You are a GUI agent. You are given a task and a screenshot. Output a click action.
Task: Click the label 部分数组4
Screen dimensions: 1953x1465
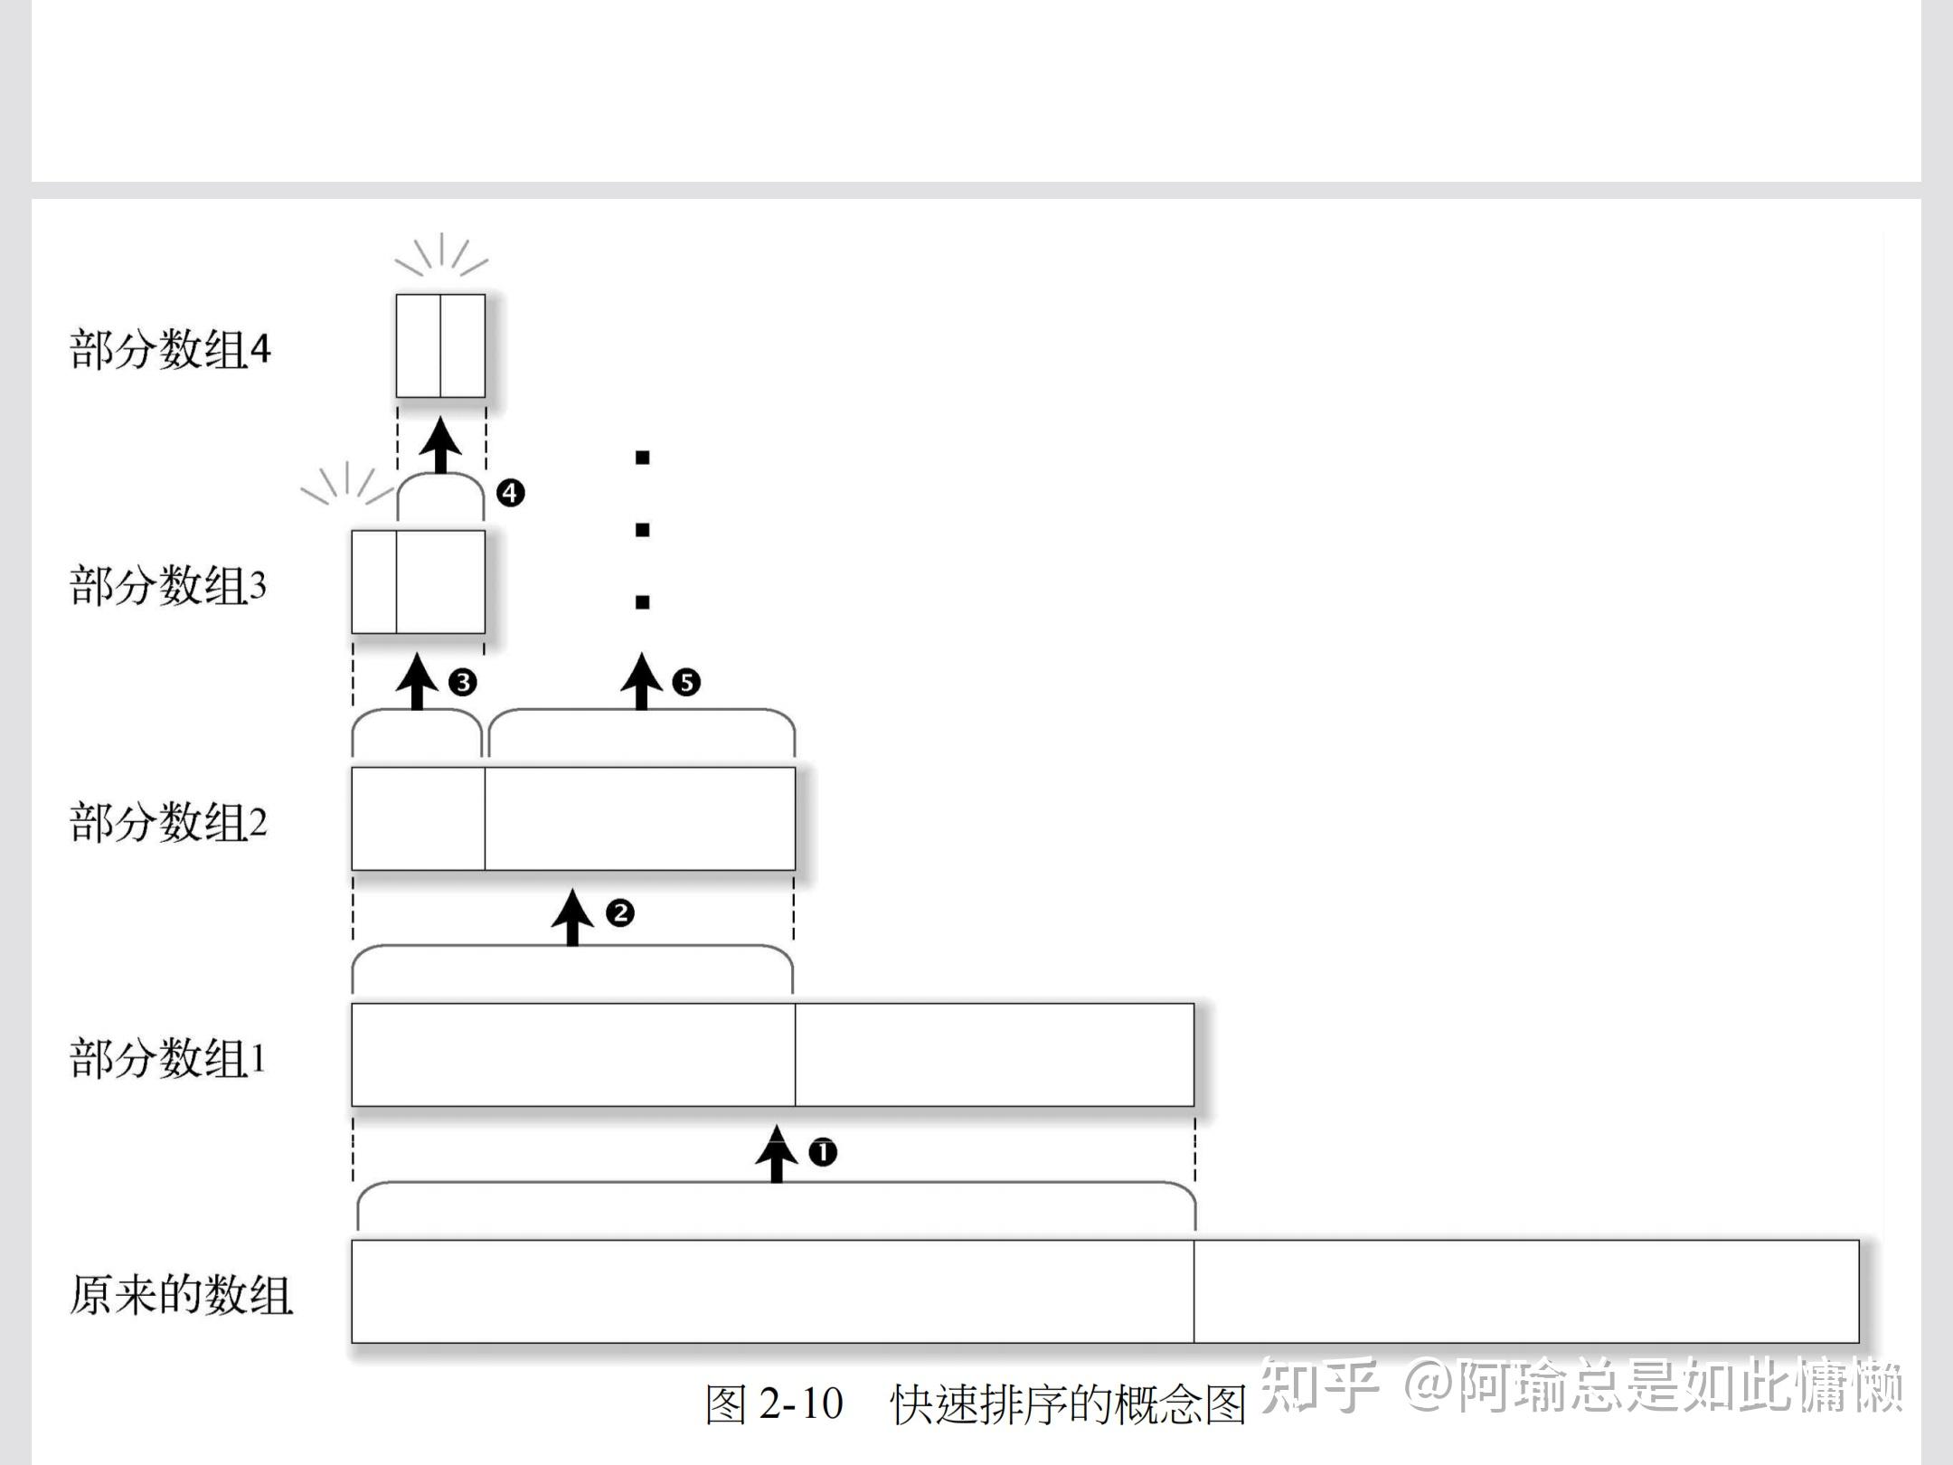(x=170, y=350)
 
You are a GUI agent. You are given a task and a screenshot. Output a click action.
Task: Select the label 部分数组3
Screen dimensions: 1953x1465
(x=168, y=586)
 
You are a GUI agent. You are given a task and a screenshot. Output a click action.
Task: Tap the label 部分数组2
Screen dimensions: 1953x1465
(x=168, y=823)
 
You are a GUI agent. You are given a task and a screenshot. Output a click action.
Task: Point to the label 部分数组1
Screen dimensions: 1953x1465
(x=168, y=1058)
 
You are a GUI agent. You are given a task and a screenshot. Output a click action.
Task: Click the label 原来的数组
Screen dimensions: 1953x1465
(x=181, y=1295)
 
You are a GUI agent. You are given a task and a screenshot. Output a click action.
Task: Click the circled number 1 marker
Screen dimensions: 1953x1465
(x=823, y=1152)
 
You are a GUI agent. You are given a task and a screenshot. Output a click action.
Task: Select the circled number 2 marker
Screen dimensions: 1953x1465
(x=620, y=913)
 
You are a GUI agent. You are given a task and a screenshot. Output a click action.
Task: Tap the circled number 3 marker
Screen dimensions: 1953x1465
(x=462, y=682)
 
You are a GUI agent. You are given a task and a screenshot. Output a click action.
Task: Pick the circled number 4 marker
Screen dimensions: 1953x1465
(x=511, y=493)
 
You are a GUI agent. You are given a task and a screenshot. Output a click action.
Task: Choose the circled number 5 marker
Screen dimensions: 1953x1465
(x=686, y=682)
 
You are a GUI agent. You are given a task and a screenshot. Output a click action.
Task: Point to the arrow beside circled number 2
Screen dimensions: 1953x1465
(x=572, y=917)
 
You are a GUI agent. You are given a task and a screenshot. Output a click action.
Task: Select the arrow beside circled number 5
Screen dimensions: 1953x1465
(x=642, y=682)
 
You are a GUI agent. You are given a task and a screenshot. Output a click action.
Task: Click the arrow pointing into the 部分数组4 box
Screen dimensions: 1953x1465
(x=441, y=445)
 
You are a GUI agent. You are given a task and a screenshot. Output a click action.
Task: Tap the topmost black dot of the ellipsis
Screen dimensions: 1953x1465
(x=643, y=458)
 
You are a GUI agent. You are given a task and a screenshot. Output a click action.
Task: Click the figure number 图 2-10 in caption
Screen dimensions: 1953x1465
(x=774, y=1404)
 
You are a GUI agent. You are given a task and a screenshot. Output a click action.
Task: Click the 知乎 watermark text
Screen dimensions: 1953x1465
(x=1318, y=1385)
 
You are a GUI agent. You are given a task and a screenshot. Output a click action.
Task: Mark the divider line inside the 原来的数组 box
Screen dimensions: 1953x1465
(x=1193, y=1291)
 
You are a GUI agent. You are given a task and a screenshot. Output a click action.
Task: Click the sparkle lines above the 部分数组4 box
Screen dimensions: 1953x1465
(x=441, y=256)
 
